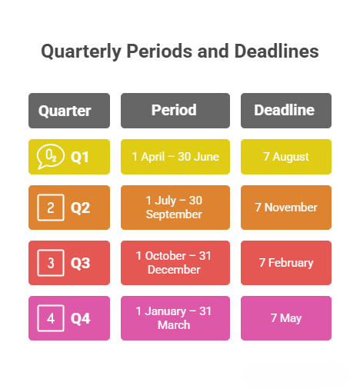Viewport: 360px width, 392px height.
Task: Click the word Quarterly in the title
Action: pos(79,51)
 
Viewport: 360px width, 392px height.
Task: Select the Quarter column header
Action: pos(69,111)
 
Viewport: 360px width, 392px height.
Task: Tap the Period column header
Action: pos(175,110)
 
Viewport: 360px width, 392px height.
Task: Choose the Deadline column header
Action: pos(285,110)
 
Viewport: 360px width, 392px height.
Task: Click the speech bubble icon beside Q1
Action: pos(51,157)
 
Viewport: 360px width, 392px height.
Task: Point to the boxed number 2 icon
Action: pos(51,208)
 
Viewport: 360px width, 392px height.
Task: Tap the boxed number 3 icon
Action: pos(51,263)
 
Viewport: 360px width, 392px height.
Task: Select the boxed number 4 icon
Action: pos(51,318)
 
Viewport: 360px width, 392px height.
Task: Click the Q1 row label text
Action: pos(80,157)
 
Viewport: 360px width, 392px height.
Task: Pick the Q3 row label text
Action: pos(80,263)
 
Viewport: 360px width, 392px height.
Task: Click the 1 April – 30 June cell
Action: pos(175,157)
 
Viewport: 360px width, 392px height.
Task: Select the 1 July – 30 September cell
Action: pos(175,208)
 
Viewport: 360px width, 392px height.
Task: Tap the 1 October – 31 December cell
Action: pos(175,263)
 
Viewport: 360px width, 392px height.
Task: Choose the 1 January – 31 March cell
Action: pos(175,318)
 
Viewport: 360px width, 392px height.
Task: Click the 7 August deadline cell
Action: pos(285,157)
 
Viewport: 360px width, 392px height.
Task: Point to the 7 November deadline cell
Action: pos(285,208)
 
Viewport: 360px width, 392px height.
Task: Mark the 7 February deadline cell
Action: pos(285,263)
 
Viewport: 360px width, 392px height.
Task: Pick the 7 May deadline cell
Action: pos(285,318)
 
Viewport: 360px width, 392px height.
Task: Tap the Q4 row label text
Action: pos(80,318)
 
